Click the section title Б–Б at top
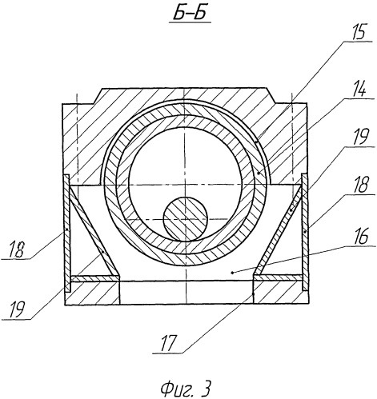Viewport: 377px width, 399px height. [x=190, y=14]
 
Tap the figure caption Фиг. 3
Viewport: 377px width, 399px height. [x=185, y=389]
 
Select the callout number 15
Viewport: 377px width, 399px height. [x=357, y=33]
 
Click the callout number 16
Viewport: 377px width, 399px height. [x=362, y=237]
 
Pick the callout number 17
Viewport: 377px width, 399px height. [x=168, y=343]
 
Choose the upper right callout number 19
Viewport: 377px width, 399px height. [x=359, y=137]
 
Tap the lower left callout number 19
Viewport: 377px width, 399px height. [x=17, y=309]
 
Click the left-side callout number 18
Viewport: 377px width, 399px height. [x=17, y=249]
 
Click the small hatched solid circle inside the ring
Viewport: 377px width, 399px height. [x=185, y=219]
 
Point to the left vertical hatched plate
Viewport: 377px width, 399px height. [x=66, y=233]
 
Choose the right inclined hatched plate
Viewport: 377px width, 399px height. [x=278, y=231]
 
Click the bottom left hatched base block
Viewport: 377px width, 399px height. [x=92, y=293]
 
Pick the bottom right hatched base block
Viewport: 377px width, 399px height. [x=281, y=293]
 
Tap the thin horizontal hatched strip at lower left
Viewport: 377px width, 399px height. [x=94, y=278]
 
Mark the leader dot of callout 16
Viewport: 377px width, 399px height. [x=233, y=273]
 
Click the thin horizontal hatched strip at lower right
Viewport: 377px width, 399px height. [x=278, y=277]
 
